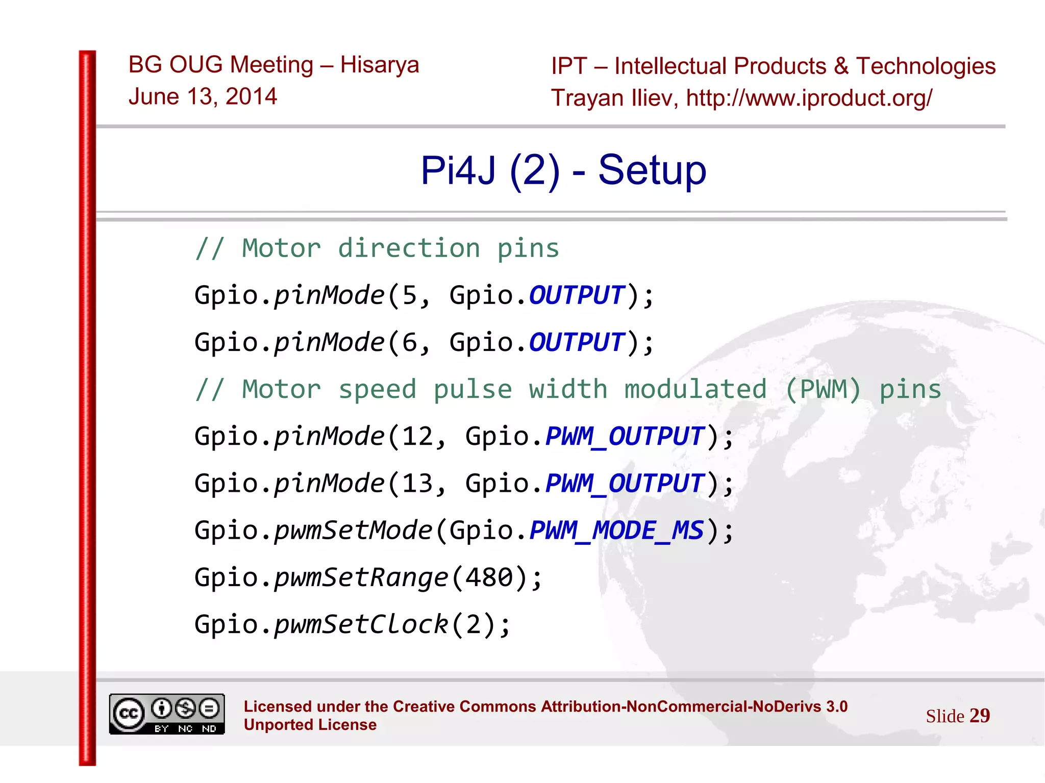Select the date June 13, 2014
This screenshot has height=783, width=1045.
point(203,97)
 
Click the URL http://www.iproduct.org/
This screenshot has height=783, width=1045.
point(809,98)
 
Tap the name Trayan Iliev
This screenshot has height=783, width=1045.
point(614,98)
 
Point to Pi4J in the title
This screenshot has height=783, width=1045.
point(458,170)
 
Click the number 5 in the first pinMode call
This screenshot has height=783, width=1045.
point(410,295)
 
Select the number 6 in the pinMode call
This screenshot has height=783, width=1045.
point(410,342)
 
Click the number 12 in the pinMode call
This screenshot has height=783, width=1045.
point(418,437)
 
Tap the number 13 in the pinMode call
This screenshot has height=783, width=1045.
point(418,484)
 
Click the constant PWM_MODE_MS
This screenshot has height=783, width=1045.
point(617,531)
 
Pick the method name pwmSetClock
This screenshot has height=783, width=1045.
point(361,624)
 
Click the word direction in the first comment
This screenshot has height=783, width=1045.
point(409,249)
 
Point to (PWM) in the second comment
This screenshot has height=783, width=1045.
point(823,390)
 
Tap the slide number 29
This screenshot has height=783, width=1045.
point(979,716)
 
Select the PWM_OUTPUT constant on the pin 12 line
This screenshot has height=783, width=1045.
point(625,437)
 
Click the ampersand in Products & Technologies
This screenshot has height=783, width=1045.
point(841,66)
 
